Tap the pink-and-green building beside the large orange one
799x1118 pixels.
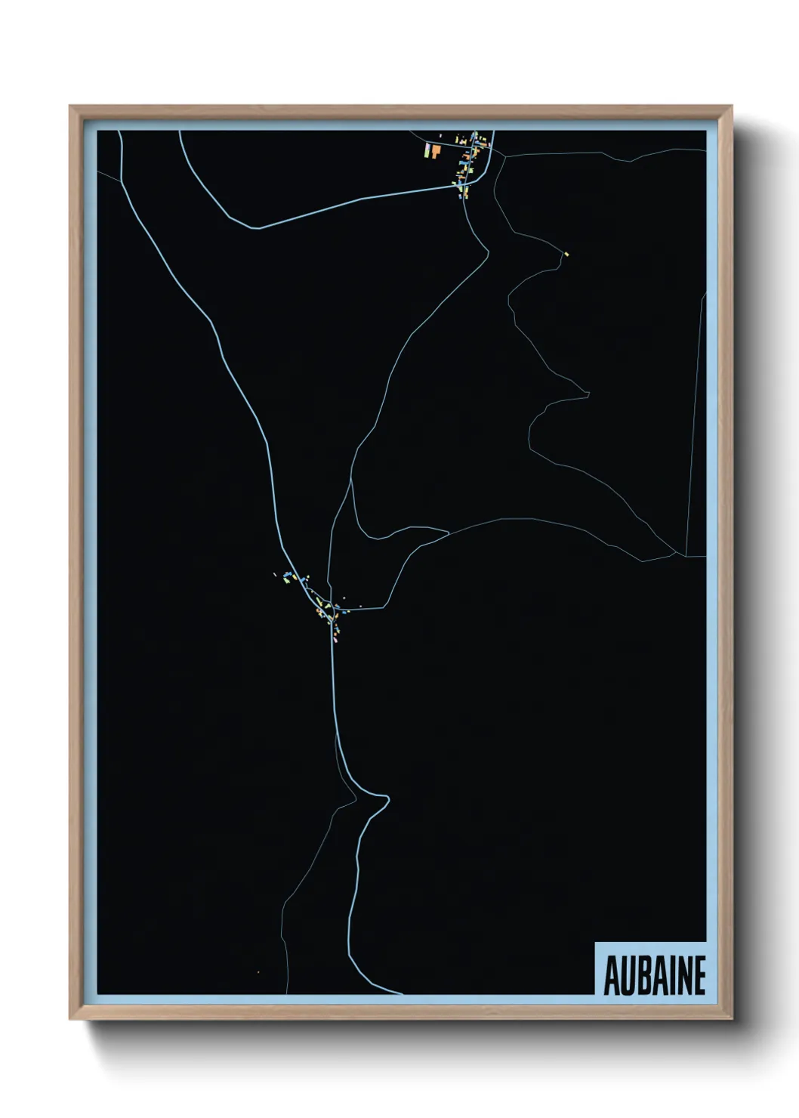pyautogui.click(x=427, y=150)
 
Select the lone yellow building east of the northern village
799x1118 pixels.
pyautogui.click(x=566, y=255)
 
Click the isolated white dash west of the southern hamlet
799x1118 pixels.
pyautogui.click(x=275, y=575)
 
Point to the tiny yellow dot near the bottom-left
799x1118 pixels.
pyautogui.click(x=258, y=971)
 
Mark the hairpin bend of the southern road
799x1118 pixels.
pyautogui.click(x=387, y=798)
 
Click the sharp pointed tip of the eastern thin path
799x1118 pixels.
pyautogui.click(x=588, y=392)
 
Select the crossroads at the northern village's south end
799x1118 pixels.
pyautogui.click(x=461, y=185)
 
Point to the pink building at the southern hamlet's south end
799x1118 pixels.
pyautogui.click(x=333, y=637)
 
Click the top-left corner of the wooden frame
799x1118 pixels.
pyautogui.click(x=70, y=107)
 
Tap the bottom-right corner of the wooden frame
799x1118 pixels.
pyautogui.click(x=733, y=1020)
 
